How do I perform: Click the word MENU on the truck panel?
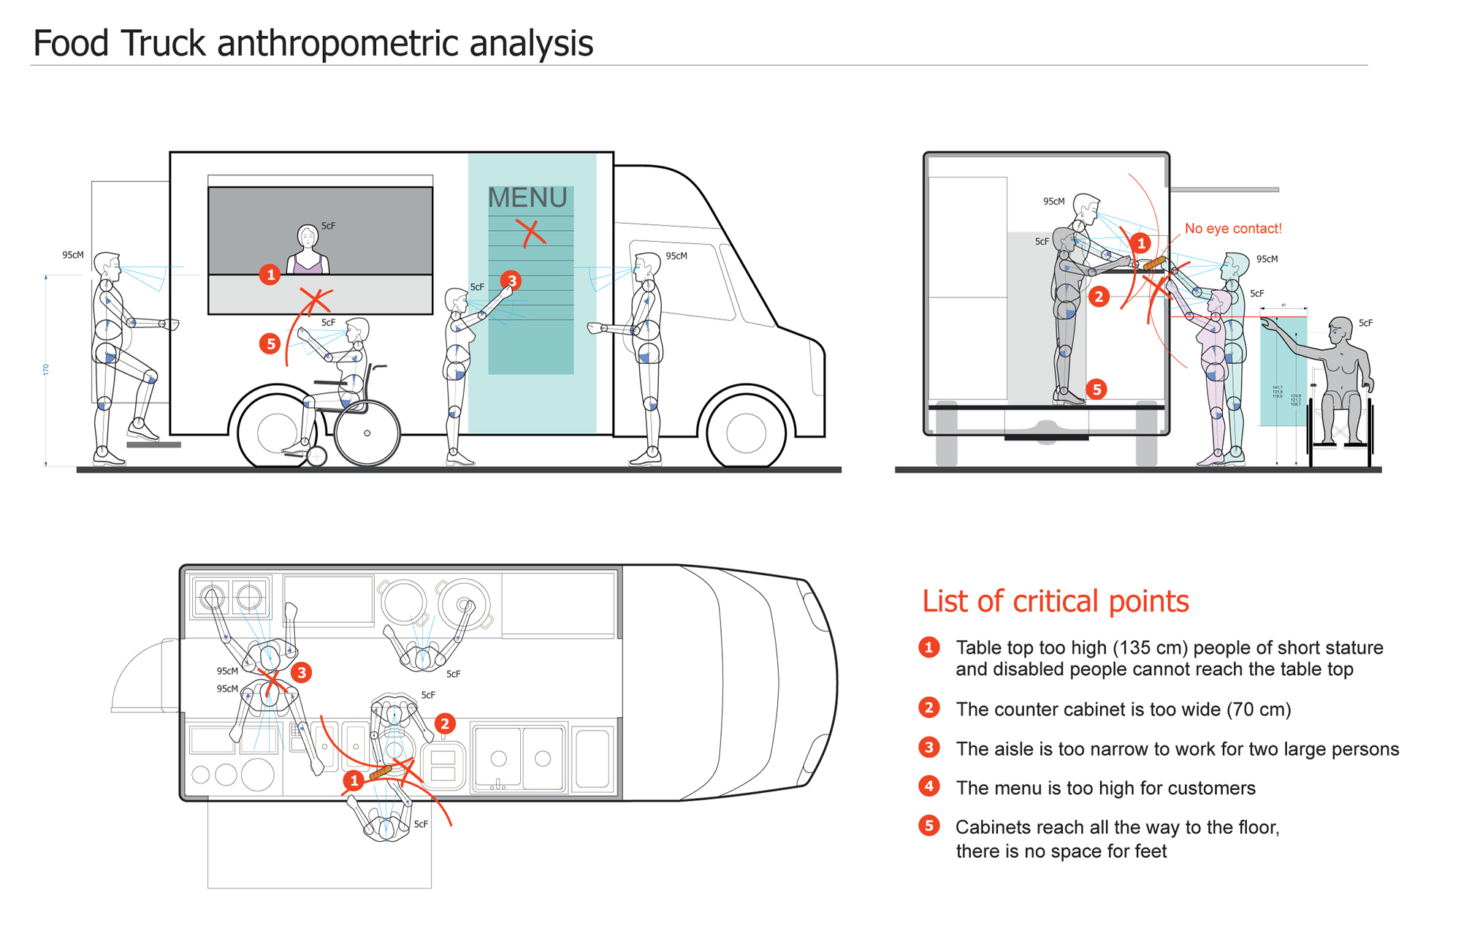pyautogui.click(x=527, y=198)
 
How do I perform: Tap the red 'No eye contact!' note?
pyautogui.click(x=1232, y=229)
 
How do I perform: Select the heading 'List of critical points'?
pyautogui.click(x=1055, y=601)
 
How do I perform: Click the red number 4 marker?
pyautogui.click(x=928, y=786)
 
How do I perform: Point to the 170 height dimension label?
pyautogui.click(x=46, y=370)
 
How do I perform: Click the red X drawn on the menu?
pyautogui.click(x=531, y=232)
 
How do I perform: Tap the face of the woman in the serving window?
pyautogui.click(x=308, y=237)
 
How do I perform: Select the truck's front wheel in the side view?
pyautogui.click(x=746, y=433)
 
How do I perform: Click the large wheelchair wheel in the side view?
pyautogui.click(x=367, y=433)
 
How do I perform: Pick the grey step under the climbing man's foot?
pyautogui.click(x=153, y=444)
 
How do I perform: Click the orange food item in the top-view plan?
pyautogui.click(x=381, y=772)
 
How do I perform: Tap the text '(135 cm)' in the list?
pyautogui.click(x=1151, y=648)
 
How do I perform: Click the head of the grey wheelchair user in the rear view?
pyautogui.click(x=1341, y=331)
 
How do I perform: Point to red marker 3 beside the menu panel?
pyautogui.click(x=511, y=281)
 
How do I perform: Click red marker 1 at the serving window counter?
pyautogui.click(x=270, y=275)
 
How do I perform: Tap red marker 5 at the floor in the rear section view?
pyautogui.click(x=1096, y=389)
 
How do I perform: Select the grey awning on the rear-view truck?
pyautogui.click(x=1224, y=190)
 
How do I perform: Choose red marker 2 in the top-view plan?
pyautogui.click(x=444, y=723)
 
